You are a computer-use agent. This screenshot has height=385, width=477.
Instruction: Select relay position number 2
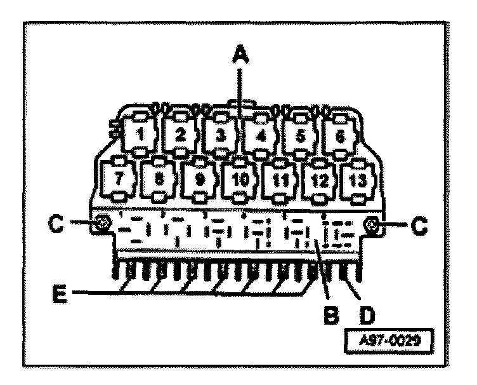180,135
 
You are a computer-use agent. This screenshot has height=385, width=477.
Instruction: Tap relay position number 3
221,135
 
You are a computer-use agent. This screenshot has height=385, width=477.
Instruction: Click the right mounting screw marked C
372,224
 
